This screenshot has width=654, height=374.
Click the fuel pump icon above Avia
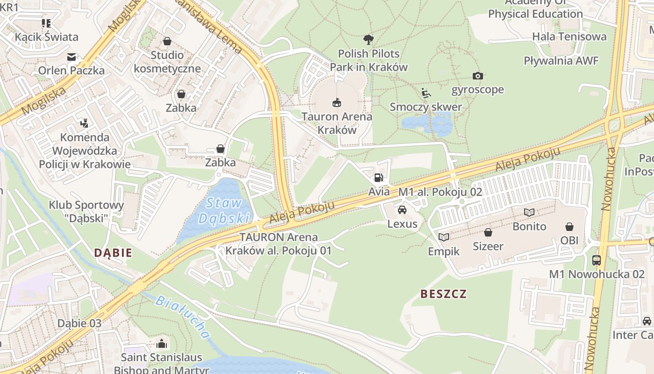pyautogui.click(x=377, y=178)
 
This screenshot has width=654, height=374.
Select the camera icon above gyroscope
pyautogui.click(x=477, y=76)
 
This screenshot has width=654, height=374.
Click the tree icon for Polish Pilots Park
pyautogui.click(x=369, y=40)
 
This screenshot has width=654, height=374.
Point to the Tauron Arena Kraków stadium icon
pyautogui.click(x=336, y=102)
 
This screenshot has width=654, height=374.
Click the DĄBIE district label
pyautogui.click(x=113, y=253)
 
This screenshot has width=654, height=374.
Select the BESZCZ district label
pyautogui.click(x=443, y=294)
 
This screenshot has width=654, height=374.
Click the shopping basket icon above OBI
pyautogui.click(x=569, y=227)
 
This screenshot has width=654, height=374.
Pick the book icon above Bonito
pyautogui.click(x=529, y=213)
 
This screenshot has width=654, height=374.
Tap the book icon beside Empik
pyautogui.click(x=444, y=237)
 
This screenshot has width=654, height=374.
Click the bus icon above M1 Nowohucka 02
pyautogui.click(x=597, y=260)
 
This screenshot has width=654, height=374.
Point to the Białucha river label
pyautogui.click(x=182, y=316)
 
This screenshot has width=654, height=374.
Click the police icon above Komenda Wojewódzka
pyautogui.click(x=84, y=123)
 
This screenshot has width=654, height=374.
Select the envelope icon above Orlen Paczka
pyautogui.click(x=71, y=57)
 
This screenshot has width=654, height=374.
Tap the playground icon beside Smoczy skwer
pyautogui.click(x=426, y=93)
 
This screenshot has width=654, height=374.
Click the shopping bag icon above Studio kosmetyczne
pyautogui.click(x=167, y=41)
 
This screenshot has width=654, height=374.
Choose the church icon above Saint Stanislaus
pyautogui.click(x=162, y=344)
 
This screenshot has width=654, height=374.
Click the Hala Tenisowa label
pyautogui.click(x=569, y=36)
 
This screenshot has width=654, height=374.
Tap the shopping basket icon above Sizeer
pyautogui.click(x=488, y=232)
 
